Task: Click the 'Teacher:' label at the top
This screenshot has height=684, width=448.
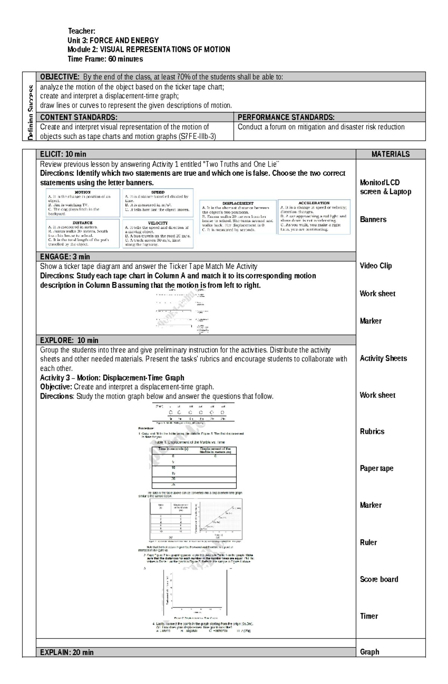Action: point(81,31)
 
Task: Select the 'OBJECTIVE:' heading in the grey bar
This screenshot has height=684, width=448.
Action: point(60,77)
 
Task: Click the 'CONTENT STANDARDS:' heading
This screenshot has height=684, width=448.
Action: point(78,117)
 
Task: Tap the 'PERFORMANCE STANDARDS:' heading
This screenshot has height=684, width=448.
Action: point(286,117)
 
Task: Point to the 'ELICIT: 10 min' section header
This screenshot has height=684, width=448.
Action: point(63,154)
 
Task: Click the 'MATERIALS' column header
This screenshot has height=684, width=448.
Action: point(391,154)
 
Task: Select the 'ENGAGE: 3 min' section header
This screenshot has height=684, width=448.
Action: point(65,256)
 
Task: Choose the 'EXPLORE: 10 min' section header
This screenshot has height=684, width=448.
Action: point(69,340)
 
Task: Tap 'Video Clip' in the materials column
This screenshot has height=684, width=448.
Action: point(376,265)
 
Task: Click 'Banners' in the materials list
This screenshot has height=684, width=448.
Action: point(373,219)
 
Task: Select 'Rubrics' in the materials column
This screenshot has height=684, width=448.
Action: point(372,431)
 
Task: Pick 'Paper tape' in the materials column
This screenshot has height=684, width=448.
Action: point(376,468)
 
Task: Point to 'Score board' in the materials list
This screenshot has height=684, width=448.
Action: point(379,579)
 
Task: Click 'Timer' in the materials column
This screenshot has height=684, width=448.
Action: point(369,616)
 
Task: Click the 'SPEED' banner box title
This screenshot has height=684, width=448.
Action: point(158,192)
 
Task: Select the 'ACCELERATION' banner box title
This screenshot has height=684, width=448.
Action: point(314,203)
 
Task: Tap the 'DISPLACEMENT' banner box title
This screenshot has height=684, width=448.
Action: point(238,204)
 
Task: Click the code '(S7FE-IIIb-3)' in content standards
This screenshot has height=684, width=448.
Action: point(197,136)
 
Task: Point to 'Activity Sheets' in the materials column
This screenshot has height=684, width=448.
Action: point(383,358)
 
